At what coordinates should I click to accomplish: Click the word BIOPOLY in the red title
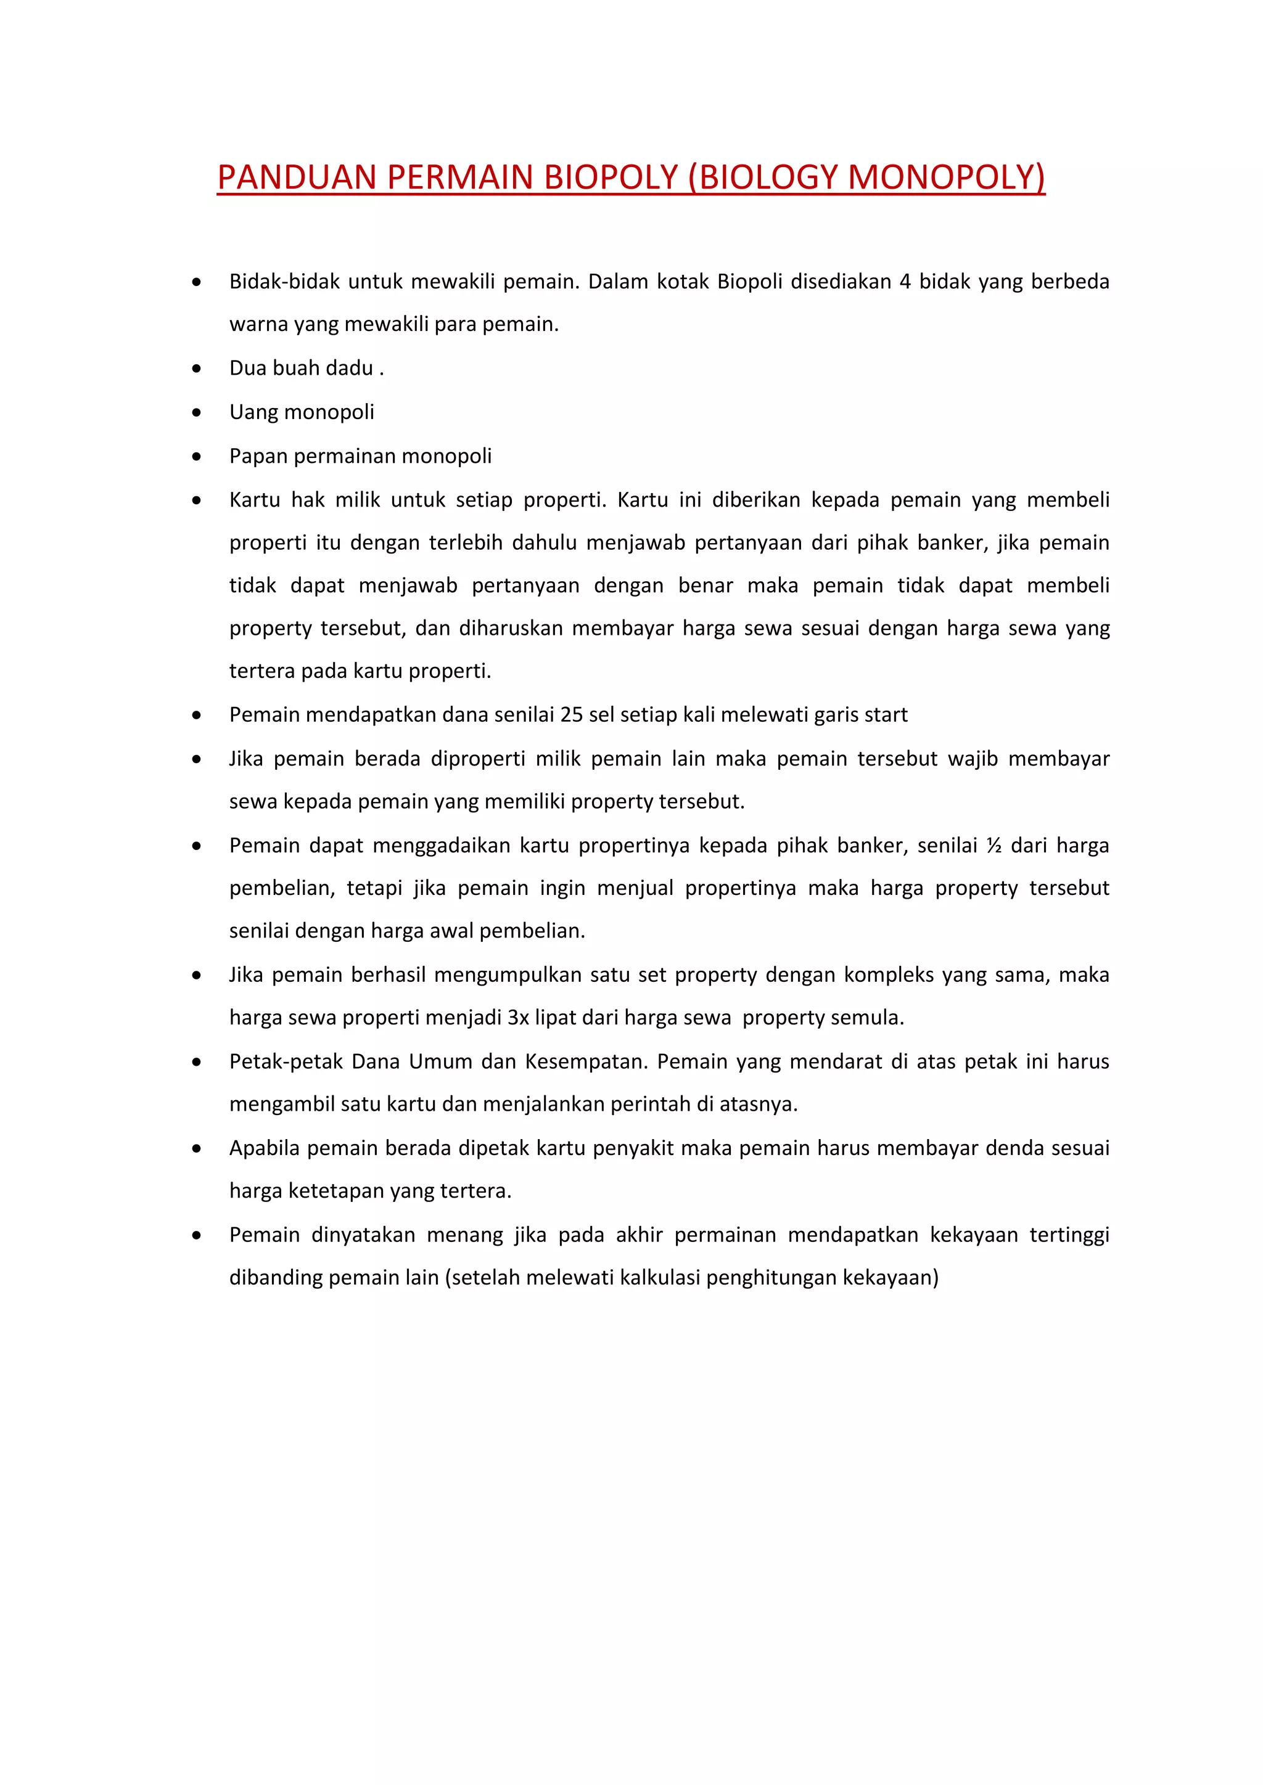click(x=611, y=178)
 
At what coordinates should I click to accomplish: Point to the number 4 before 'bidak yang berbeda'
click(x=905, y=282)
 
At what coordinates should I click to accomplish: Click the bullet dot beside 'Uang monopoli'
click(x=197, y=413)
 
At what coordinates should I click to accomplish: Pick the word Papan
click(x=258, y=456)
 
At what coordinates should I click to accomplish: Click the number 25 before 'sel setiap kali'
click(x=571, y=714)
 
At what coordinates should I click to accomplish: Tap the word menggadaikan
click(x=442, y=846)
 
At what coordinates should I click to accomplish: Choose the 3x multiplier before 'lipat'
click(x=518, y=1018)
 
